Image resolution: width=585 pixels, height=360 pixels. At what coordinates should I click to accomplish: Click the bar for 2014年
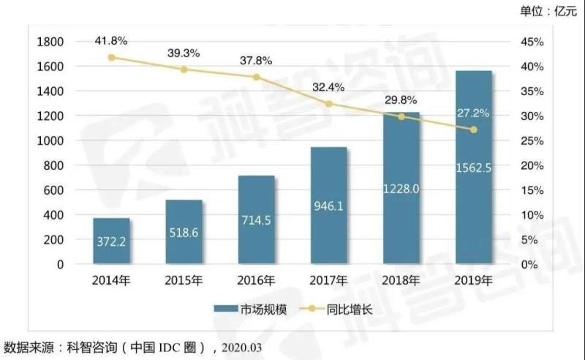(x=111, y=241)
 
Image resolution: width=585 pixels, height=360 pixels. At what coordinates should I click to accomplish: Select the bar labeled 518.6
(x=184, y=232)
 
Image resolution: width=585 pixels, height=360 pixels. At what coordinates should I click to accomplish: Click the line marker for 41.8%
(x=111, y=57)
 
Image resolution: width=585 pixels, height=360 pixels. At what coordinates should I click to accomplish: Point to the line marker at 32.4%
(x=328, y=104)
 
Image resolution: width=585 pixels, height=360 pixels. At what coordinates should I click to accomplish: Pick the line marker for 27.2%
(x=473, y=130)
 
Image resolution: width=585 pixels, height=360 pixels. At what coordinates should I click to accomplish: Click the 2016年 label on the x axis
(x=256, y=280)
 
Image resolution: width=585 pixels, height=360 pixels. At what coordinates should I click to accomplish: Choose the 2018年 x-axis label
(x=401, y=280)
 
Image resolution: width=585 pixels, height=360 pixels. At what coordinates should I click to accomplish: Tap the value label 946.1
(x=328, y=207)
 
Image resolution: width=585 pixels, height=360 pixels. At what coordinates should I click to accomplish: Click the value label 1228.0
(x=401, y=188)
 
